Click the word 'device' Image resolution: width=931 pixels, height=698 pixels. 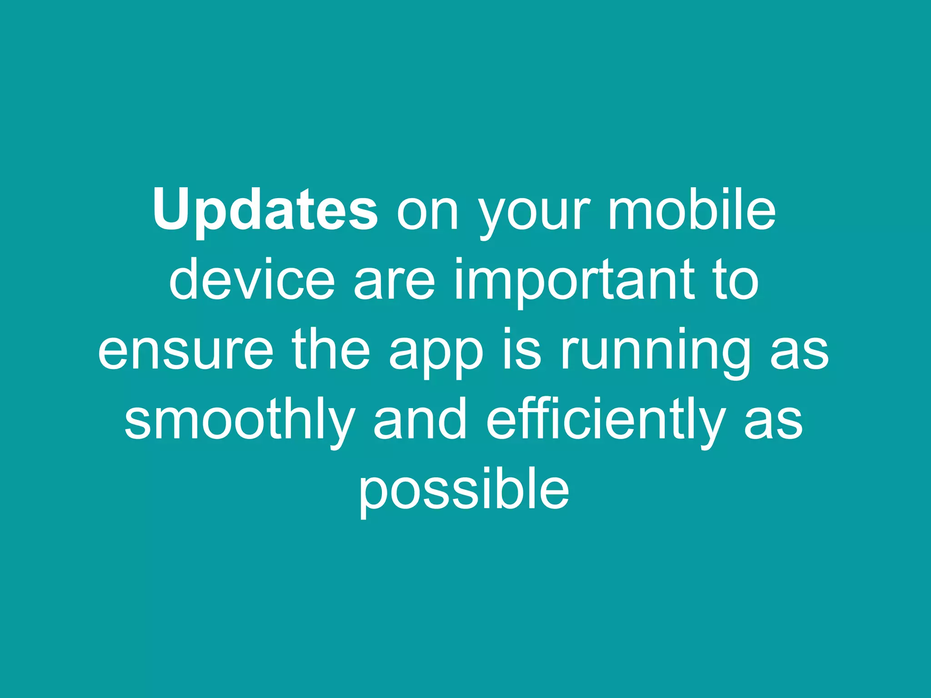coord(252,280)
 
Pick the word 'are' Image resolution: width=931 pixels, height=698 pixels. coord(394,284)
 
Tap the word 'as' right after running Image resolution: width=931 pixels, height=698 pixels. coord(800,353)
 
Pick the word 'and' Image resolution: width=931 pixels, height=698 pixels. coord(420,420)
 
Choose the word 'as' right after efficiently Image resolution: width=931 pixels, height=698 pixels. coord(773,423)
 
